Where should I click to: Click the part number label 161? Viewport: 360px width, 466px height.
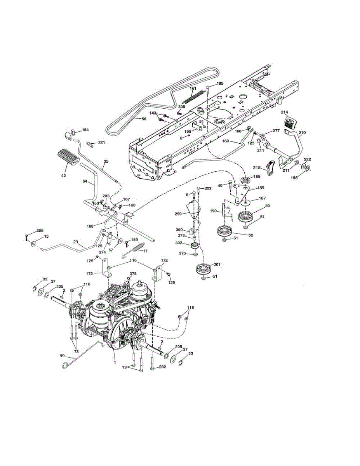tap(193, 89)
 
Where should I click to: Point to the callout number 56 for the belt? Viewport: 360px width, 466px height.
tap(144, 118)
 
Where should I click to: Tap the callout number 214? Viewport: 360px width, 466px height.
tap(285, 112)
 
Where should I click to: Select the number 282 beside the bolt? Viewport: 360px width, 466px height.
tap(163, 367)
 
